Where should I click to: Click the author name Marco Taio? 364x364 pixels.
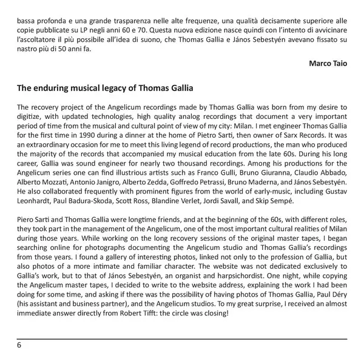tap(328, 63)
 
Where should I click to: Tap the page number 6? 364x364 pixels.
tap(19, 345)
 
